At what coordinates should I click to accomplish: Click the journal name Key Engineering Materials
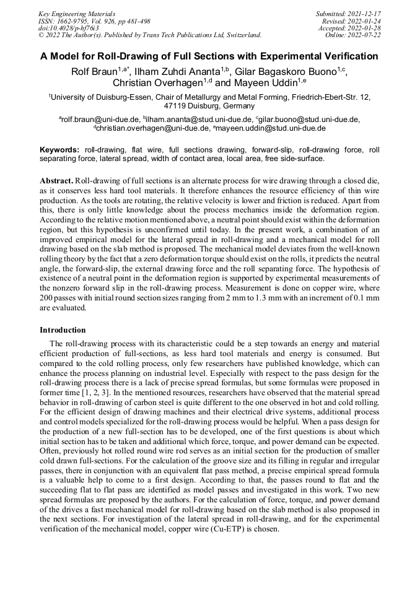click(77, 13)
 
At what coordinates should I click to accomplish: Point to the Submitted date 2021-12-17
click(365, 13)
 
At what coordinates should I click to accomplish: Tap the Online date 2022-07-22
click(365, 35)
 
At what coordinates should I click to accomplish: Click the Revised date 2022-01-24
click(365, 20)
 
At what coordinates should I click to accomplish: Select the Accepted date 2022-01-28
click(365, 28)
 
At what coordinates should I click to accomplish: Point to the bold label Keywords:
click(59, 150)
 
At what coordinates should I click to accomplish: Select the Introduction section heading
click(63, 330)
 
